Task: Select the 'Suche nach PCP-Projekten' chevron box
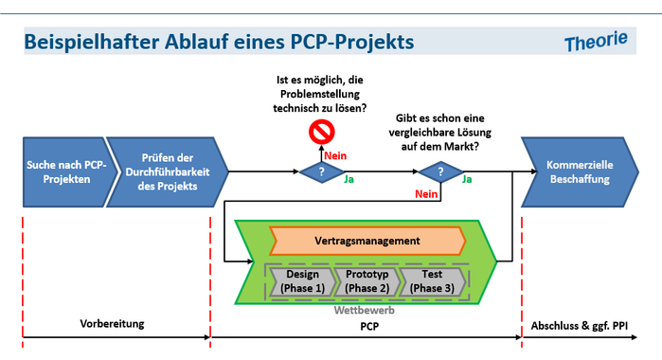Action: pyautogui.click(x=63, y=171)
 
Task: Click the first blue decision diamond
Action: pyautogui.click(x=321, y=171)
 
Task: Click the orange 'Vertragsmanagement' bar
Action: pyautogui.click(x=367, y=241)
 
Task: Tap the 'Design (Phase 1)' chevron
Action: pyautogui.click(x=298, y=280)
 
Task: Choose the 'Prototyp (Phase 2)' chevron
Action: pyautogui.click(x=367, y=280)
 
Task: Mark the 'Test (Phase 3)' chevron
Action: pyautogui.click(x=432, y=280)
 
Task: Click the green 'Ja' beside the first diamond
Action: pyautogui.click(x=349, y=178)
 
